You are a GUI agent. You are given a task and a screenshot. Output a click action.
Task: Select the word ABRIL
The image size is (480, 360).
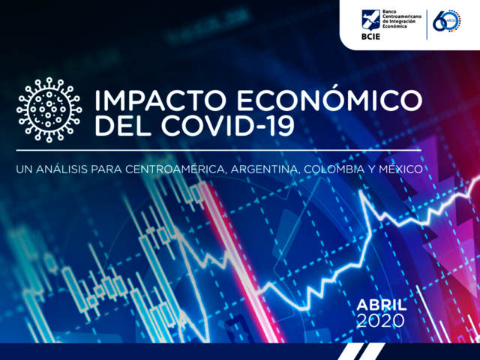tap(382, 304)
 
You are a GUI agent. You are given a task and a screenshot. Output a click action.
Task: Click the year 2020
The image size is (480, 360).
tap(382, 320)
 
